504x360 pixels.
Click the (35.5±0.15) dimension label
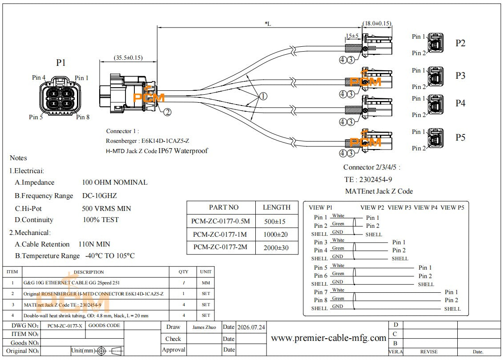point(128,58)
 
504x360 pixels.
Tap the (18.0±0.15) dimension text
point(377,24)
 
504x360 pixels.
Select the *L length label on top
point(268,24)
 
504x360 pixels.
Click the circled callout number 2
point(167,112)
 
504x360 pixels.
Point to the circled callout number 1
point(263,96)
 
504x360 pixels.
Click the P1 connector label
point(61,63)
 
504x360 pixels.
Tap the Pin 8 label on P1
point(83,117)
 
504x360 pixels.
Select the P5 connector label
point(460,138)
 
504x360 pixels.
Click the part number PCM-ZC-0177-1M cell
point(220,235)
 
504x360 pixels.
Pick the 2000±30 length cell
point(276,248)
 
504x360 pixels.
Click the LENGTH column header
point(276,208)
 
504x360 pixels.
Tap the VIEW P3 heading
point(399,208)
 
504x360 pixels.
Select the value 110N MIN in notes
point(94,244)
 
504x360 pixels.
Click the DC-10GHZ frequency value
point(100,196)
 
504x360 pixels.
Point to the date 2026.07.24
point(251,327)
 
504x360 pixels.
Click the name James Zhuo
point(204,327)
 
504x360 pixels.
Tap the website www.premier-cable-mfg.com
point(328,338)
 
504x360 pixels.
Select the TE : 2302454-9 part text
point(368,179)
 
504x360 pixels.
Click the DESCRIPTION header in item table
point(89,272)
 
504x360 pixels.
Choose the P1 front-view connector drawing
point(60,96)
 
